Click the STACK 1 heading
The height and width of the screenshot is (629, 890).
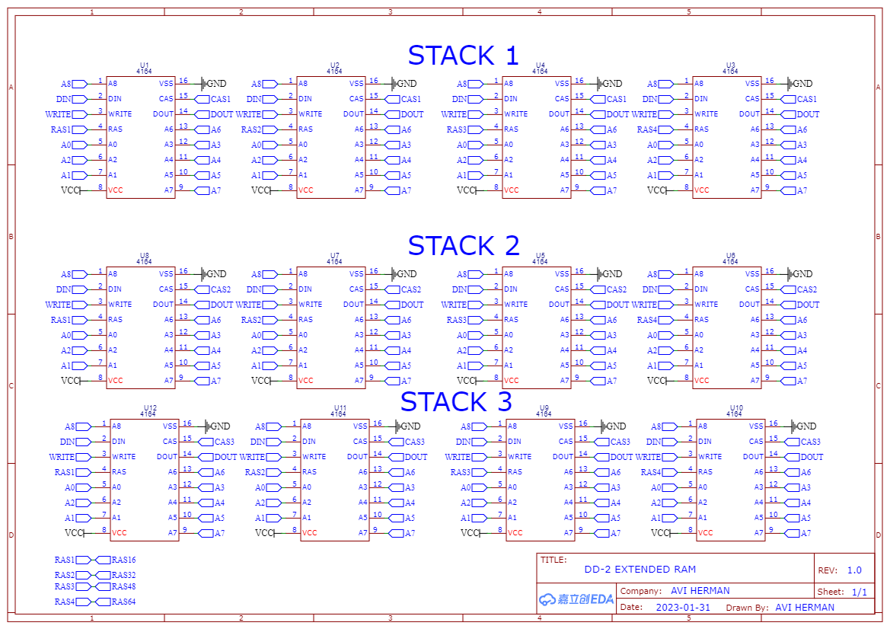point(463,56)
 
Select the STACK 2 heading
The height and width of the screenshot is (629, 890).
point(463,246)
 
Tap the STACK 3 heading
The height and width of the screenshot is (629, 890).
point(456,402)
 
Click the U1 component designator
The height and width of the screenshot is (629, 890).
point(145,65)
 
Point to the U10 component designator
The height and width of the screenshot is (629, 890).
point(735,407)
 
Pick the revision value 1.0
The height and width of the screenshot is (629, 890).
point(854,570)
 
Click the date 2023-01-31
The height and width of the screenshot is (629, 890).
point(683,608)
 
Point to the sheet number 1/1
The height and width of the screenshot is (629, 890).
point(859,592)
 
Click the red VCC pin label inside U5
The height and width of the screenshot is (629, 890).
point(511,380)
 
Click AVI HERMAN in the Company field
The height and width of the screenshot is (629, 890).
point(700,591)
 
